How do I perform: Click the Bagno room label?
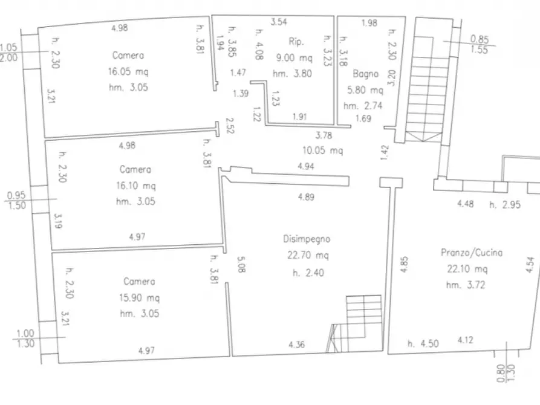tap(365, 74)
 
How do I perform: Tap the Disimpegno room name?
tap(307, 239)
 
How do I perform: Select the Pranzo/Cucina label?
tap(472, 253)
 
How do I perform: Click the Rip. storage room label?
tap(296, 42)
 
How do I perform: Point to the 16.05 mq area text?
tap(128, 72)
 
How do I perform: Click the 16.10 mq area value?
tap(135, 186)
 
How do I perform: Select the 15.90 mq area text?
tap(139, 297)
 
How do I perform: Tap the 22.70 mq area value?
tap(308, 255)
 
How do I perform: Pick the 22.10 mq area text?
tap(467, 268)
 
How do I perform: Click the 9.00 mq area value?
tap(294, 57)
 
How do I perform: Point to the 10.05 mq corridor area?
tap(322, 151)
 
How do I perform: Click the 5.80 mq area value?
tap(365, 90)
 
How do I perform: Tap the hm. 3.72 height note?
tap(466, 285)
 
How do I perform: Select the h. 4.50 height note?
tap(423, 343)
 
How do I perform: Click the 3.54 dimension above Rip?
tap(279, 22)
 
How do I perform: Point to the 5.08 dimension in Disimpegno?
tap(241, 265)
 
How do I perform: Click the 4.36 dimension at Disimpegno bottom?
tap(296, 345)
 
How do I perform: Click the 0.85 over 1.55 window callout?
tap(479, 44)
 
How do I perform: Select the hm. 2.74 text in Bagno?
tap(363, 106)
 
